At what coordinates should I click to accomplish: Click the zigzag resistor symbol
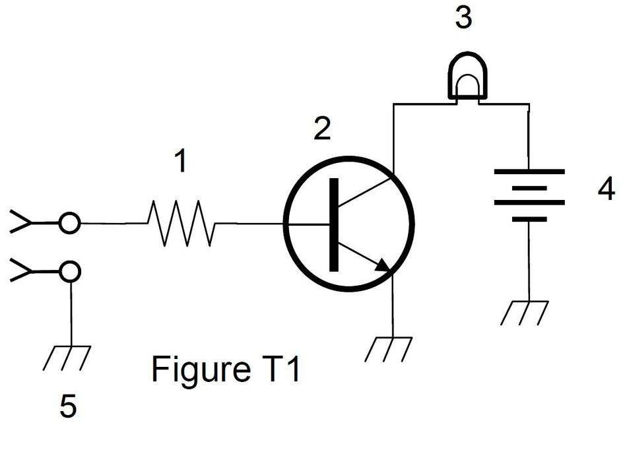(181, 224)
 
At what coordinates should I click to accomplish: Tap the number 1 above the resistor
(179, 162)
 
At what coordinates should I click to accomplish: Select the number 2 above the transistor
(321, 129)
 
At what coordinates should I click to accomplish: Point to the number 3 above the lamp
(464, 18)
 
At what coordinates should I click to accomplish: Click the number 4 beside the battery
(605, 190)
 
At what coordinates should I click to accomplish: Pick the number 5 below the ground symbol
(68, 406)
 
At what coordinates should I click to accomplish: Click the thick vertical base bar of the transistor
(334, 224)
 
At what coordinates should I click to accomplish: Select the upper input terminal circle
(69, 224)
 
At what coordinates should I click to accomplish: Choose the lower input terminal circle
(69, 271)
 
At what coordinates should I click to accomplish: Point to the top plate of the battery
(529, 172)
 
